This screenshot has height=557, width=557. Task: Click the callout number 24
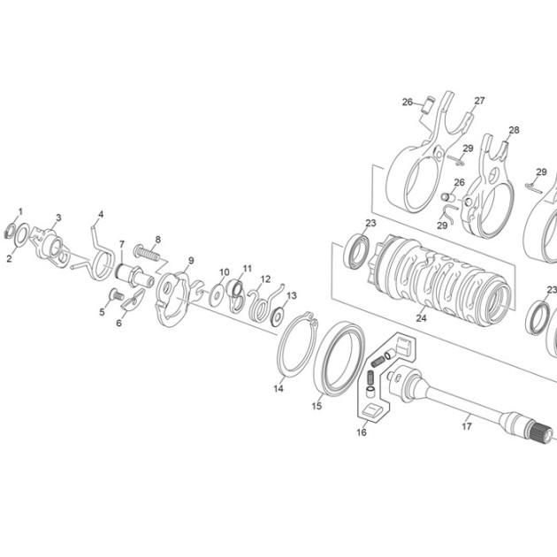[x=421, y=318]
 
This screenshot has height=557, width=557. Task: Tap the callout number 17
[x=467, y=426]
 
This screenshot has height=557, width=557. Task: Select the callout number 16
[x=362, y=432]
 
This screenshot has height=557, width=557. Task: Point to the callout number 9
[x=191, y=261]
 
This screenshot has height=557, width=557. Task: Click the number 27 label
[x=479, y=101]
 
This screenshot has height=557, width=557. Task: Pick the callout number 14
[x=278, y=389]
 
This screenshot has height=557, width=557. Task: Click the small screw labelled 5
[x=115, y=294]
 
